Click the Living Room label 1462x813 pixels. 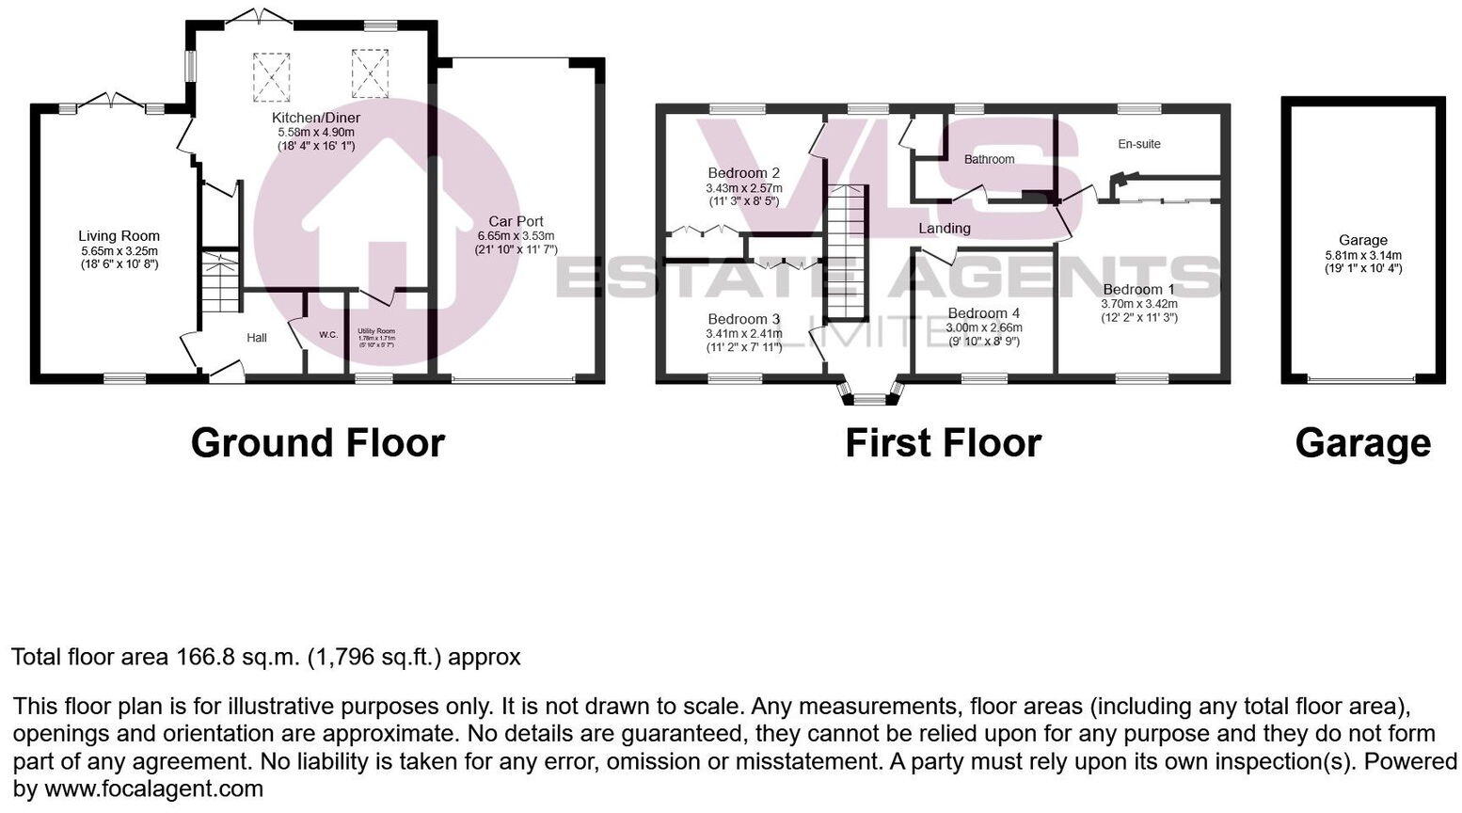(119, 236)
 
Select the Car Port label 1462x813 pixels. (516, 222)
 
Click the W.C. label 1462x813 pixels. (328, 334)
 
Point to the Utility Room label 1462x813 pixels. (375, 331)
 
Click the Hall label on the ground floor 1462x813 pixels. (257, 338)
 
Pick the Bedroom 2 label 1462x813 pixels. (743, 173)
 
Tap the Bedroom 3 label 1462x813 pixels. (743, 319)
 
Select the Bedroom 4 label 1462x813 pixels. (983, 313)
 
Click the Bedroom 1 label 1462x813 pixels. (1138, 290)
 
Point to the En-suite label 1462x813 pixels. (1138, 144)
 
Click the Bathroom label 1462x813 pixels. (989, 159)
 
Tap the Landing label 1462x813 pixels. (945, 229)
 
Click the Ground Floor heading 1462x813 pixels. (317, 443)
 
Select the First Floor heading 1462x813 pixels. (943, 443)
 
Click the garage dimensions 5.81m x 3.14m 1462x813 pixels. (1362, 255)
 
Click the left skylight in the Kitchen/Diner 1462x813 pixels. (272, 76)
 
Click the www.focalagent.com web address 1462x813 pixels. (153, 789)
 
